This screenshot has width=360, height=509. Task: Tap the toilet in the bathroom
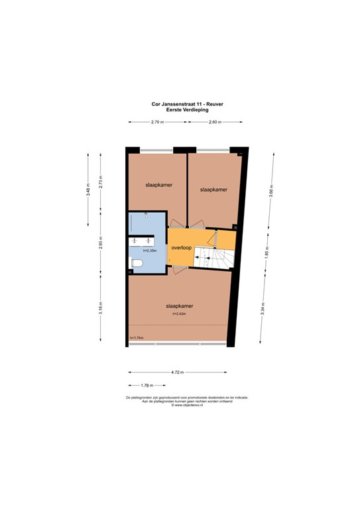tap(137, 264)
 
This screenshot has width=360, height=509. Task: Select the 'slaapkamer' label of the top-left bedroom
tap(158, 186)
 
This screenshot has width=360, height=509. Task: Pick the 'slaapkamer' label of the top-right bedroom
tap(213, 189)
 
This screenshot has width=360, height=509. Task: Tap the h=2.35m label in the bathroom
tap(149, 251)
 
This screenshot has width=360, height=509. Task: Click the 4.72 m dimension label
tap(177, 372)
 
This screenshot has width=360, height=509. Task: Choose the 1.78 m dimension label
tap(147, 385)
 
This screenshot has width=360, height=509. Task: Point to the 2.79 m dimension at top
tap(157, 122)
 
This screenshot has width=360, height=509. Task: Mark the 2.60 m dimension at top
tap(215, 122)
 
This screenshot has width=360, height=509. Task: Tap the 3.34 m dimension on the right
tap(263, 307)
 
